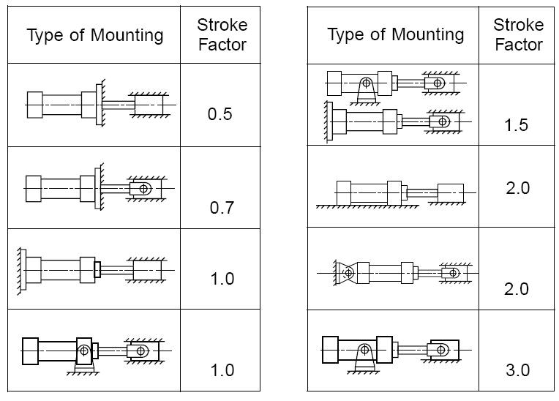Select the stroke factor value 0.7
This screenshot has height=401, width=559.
[222, 208]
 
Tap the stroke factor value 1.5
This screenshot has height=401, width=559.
[516, 125]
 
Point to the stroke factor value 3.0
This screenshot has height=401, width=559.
[517, 370]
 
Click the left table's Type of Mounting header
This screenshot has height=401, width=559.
[95, 35]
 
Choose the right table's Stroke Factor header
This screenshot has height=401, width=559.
[519, 34]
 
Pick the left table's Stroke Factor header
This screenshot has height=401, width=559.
[222, 34]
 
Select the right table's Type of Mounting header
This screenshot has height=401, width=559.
[395, 34]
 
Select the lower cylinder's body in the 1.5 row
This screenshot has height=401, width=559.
[364, 120]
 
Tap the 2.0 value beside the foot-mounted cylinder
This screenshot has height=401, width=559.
[517, 188]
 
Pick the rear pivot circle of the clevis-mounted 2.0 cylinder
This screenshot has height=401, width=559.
[348, 273]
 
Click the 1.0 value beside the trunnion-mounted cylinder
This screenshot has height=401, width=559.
[222, 370]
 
